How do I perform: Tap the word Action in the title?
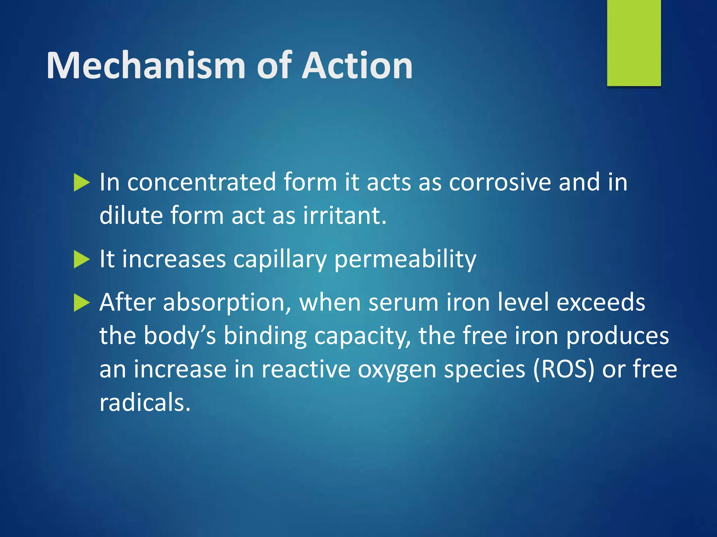[357, 65]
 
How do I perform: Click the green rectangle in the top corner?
[634, 43]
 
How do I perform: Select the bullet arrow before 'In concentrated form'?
[82, 183]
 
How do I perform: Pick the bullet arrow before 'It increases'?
[82, 260]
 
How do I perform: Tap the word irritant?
[345, 215]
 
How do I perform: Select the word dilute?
[131, 215]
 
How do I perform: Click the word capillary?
[280, 260]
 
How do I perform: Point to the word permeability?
[405, 260]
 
